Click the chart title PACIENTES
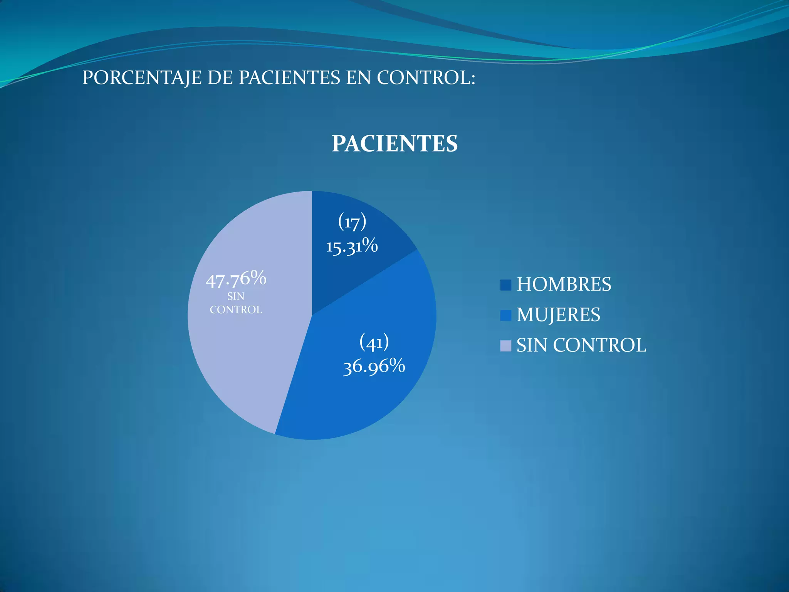394,144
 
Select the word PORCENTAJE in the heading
141,78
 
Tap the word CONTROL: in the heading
426,78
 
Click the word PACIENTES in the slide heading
289,78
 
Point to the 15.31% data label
352,246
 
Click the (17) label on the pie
352,222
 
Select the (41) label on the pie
374,342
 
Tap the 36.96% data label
374,366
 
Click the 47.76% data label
236,279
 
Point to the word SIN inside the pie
236,296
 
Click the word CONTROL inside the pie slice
236,310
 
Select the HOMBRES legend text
564,284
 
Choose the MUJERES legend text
558,315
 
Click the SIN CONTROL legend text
581,345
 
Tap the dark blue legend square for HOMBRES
505,285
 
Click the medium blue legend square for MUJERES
505,315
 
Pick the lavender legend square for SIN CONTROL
505,346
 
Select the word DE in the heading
220,78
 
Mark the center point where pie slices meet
312,315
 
